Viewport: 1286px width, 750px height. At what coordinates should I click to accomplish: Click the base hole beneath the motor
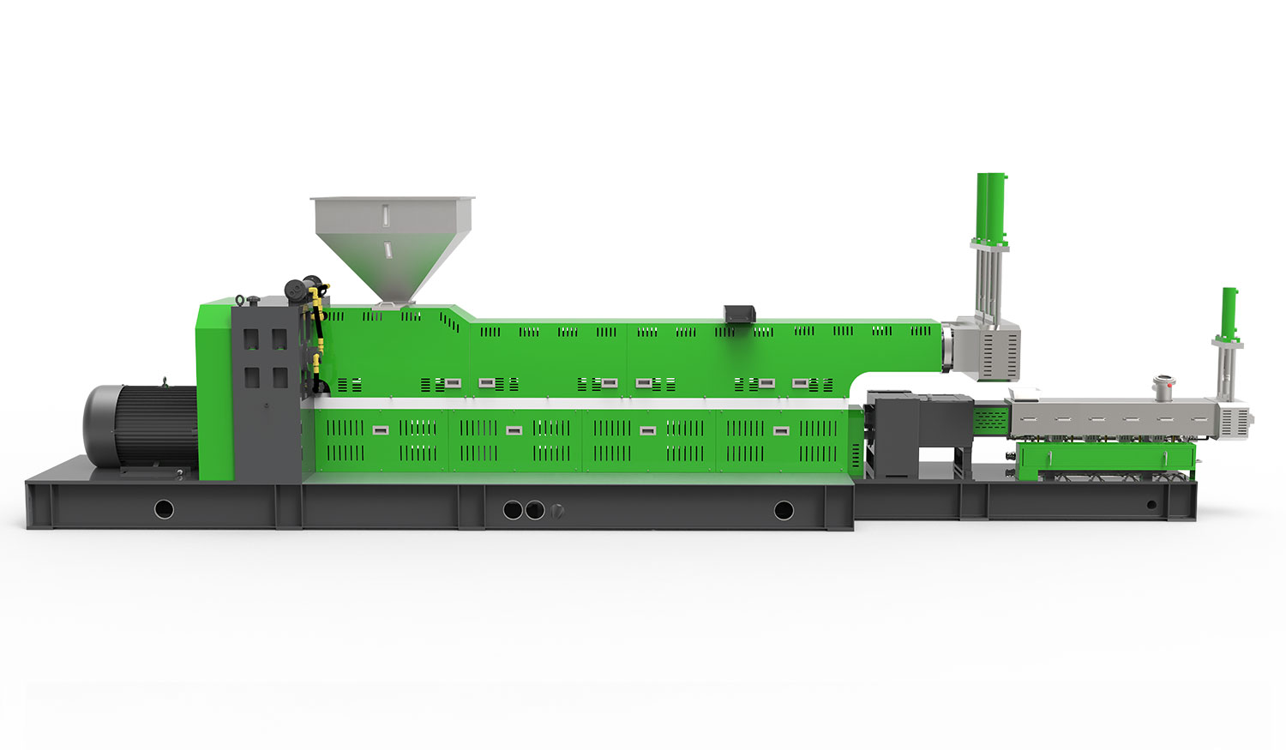click(x=164, y=510)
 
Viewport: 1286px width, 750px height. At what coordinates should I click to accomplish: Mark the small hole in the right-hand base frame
click(x=1151, y=505)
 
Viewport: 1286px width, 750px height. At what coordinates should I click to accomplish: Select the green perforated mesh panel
click(x=989, y=419)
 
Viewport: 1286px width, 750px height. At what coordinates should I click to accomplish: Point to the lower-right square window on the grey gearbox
click(x=279, y=376)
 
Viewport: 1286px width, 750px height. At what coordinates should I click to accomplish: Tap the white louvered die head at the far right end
click(x=1237, y=419)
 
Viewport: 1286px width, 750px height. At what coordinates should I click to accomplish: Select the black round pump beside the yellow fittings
click(x=294, y=291)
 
